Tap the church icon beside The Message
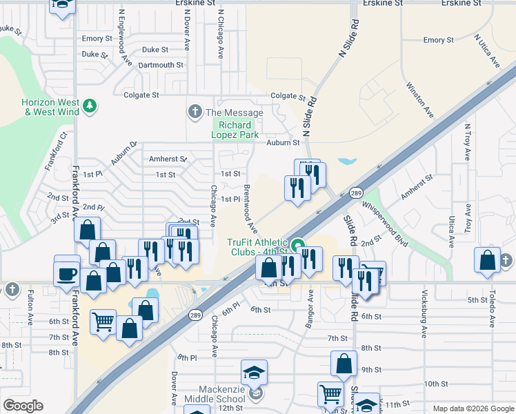click(x=195, y=112)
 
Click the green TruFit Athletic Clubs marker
click(x=298, y=245)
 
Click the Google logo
click(x=23, y=406)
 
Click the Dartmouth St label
click(x=160, y=66)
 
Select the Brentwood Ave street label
click(x=249, y=208)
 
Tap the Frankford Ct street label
click(x=56, y=152)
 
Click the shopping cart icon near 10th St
click(x=330, y=394)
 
